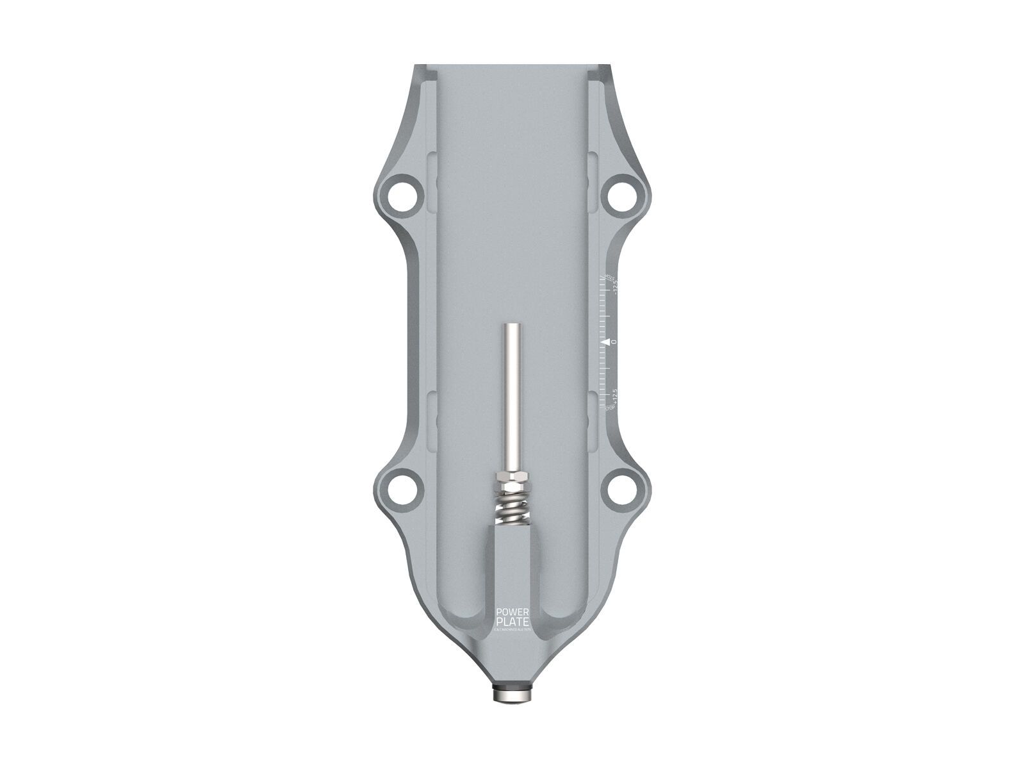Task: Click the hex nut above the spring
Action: [x=512, y=479]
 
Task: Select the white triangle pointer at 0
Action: [x=605, y=342]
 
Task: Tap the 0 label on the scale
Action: [x=614, y=342]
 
